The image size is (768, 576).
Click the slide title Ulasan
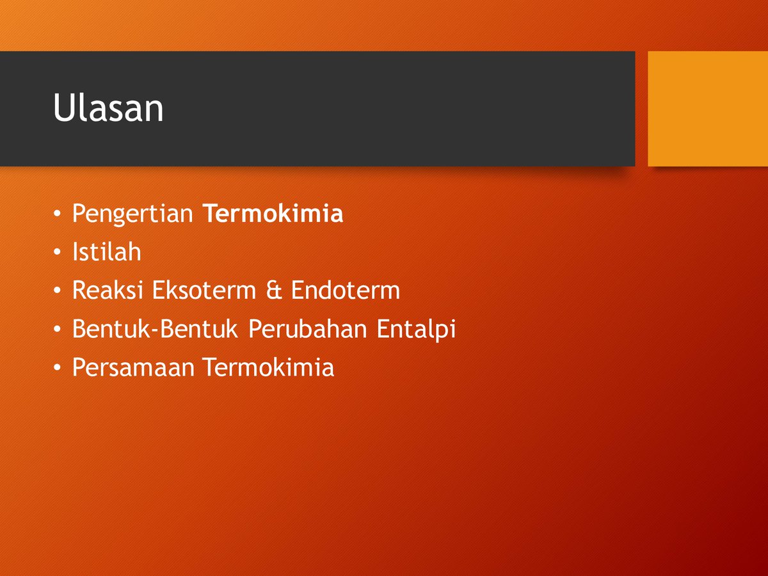108,109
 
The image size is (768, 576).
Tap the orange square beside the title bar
708,109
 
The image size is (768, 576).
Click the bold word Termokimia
273,214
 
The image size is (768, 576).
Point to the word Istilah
106,252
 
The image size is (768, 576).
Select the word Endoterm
346,291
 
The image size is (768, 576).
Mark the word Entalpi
417,330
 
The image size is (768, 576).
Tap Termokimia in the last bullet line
269,367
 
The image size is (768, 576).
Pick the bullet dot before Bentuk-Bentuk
58,331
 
